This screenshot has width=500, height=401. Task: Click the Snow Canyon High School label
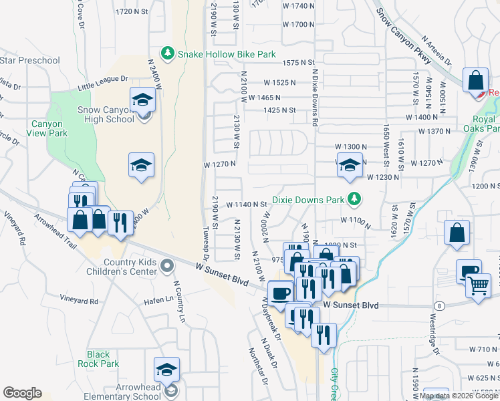coord(106,115)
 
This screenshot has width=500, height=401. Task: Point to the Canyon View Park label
coord(49,128)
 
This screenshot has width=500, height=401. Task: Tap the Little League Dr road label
coord(102,82)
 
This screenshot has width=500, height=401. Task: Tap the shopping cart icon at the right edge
coord(479,285)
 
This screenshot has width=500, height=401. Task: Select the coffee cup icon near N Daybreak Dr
coord(281,292)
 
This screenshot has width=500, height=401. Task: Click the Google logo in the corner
coord(22,393)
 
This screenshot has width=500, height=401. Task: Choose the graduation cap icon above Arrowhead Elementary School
coord(166,368)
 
